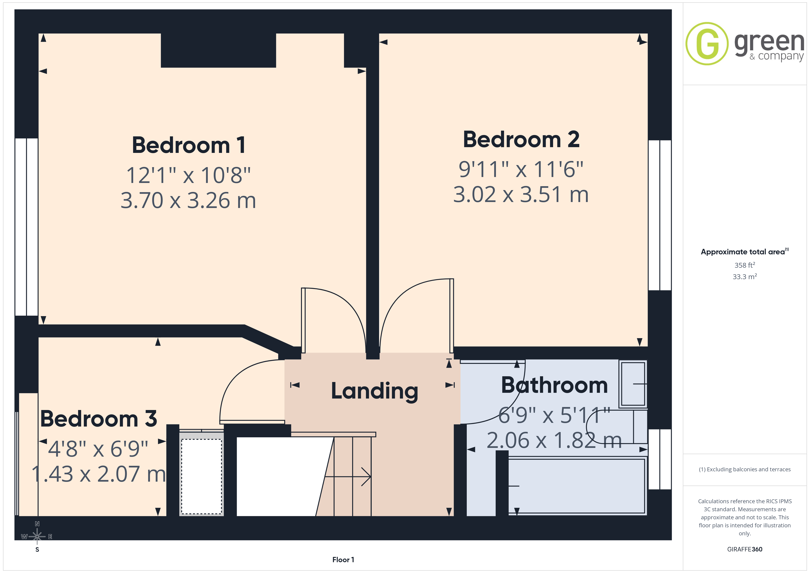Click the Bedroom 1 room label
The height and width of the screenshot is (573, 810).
coord(189,145)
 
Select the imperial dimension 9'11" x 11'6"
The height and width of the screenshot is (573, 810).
coord(521,169)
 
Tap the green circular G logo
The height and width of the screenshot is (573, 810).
coord(707,44)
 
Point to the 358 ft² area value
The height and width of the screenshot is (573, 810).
coord(745,265)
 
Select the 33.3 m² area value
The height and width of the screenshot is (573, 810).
coord(745,277)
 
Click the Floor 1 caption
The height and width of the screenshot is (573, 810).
coord(343,560)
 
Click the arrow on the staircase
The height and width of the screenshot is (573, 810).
coord(348,477)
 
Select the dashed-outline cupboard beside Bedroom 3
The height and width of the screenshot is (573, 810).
coord(201,477)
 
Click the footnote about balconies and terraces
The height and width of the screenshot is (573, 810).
coord(745,469)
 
